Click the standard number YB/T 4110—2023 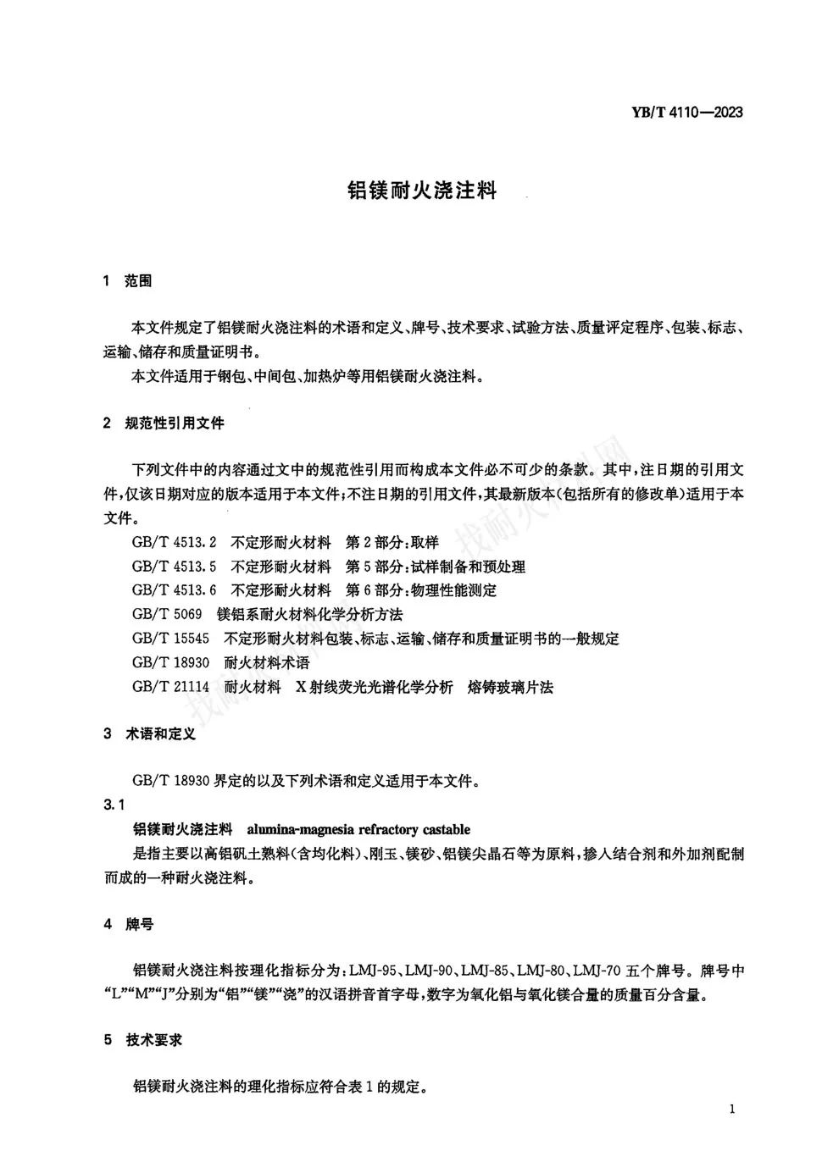pyautogui.click(x=686, y=112)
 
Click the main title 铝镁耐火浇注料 pyautogui.click(x=422, y=191)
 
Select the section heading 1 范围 pyautogui.click(x=127, y=281)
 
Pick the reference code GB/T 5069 pyautogui.click(x=167, y=614)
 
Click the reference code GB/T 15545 pyautogui.click(x=170, y=639)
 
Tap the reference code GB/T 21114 pyautogui.click(x=170, y=687)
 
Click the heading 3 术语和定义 pyautogui.click(x=149, y=734)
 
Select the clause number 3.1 pyautogui.click(x=114, y=805)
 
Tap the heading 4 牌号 pyautogui.click(x=129, y=924)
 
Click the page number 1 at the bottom pyautogui.click(x=731, y=1110)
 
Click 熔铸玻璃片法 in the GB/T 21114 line pyautogui.click(x=510, y=687)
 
